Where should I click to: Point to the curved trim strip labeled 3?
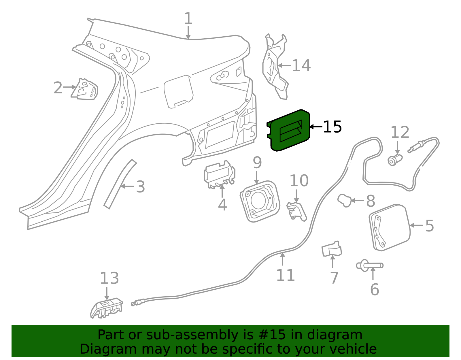click(120, 184)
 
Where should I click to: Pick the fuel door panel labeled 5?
click(390, 228)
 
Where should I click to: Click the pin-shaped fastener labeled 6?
click(370, 265)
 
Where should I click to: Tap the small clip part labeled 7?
click(332, 249)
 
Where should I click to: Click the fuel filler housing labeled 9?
click(260, 201)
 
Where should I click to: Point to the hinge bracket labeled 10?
click(296, 212)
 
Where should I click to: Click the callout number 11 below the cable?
click(286, 275)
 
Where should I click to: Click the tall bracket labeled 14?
click(275, 67)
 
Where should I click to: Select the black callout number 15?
click(332, 127)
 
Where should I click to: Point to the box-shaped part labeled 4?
click(220, 174)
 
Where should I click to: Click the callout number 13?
click(109, 278)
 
